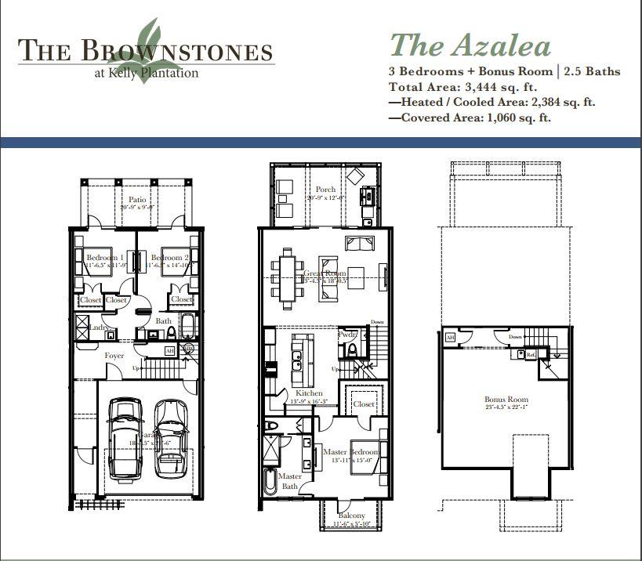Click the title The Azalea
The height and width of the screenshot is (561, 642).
(470, 45)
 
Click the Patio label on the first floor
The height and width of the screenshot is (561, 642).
(137, 201)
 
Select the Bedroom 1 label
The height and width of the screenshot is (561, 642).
(103, 258)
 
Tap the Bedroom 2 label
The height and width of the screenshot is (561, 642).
(169, 258)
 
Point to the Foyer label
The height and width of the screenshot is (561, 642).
(114, 356)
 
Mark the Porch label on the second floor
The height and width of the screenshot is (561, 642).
(325, 190)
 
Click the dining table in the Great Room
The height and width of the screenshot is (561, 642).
(289, 273)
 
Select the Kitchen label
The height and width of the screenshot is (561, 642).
(308, 393)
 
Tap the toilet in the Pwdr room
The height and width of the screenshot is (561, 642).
(352, 349)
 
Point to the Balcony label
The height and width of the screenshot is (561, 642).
(351, 516)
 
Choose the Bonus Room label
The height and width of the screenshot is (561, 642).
(506, 399)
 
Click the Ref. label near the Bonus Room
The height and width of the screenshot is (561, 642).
(531, 355)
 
